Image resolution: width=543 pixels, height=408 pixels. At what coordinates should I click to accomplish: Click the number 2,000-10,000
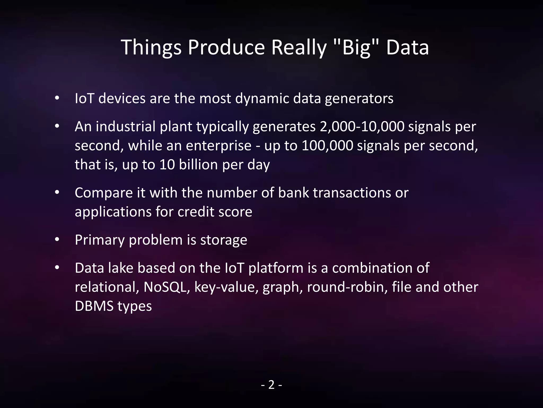[362, 127]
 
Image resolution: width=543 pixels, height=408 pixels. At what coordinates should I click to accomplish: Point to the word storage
[224, 240]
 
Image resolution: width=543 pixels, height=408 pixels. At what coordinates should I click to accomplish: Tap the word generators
[359, 99]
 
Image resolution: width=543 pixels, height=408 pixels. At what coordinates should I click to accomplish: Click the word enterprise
[218, 146]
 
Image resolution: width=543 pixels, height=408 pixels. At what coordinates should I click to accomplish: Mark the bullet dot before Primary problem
[57, 240]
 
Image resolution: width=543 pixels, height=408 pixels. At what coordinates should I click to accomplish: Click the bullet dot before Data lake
[57, 268]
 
